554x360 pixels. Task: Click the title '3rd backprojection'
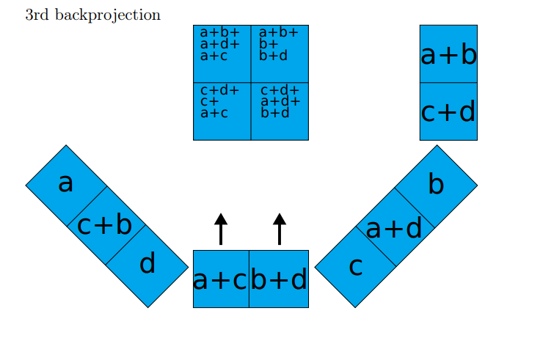pyautogui.click(x=92, y=15)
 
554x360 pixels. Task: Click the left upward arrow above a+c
pyautogui.click(x=221, y=229)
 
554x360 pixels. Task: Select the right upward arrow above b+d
pyautogui.click(x=280, y=229)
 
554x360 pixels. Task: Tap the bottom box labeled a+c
pyautogui.click(x=221, y=279)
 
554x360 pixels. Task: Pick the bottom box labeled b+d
pyautogui.click(x=279, y=279)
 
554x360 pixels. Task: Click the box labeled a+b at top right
pyautogui.click(x=448, y=54)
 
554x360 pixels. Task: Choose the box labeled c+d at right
pyautogui.click(x=448, y=111)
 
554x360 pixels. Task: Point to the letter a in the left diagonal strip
pyautogui.click(x=66, y=183)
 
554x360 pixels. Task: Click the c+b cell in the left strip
pyautogui.click(x=105, y=224)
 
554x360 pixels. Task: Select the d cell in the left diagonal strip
pyautogui.click(x=147, y=264)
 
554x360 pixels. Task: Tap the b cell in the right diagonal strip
pyautogui.click(x=436, y=185)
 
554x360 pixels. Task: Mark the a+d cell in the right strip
pyautogui.click(x=395, y=228)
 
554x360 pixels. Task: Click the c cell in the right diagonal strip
pyautogui.click(x=356, y=267)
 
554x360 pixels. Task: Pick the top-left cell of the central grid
pyautogui.click(x=222, y=54)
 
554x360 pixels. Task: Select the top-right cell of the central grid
pyautogui.click(x=280, y=54)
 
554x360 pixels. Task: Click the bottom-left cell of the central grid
pyautogui.click(x=222, y=111)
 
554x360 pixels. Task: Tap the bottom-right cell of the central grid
pyautogui.click(x=280, y=111)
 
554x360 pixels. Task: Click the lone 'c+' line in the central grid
pyautogui.click(x=209, y=102)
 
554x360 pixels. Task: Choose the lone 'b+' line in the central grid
pyautogui.click(x=268, y=44)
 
